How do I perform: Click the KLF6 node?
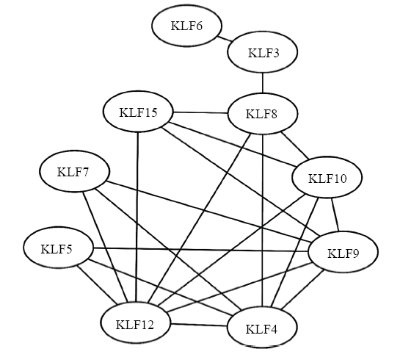pyautogui.click(x=186, y=26)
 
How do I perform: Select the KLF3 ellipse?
pyautogui.click(x=263, y=52)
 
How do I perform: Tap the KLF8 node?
pyautogui.click(x=263, y=113)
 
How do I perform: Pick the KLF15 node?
pyautogui.click(x=138, y=112)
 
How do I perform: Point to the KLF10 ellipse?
pyautogui.click(x=327, y=178)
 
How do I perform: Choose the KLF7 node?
pyautogui.click(x=74, y=171)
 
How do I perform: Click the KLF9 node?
pyautogui.click(x=343, y=252)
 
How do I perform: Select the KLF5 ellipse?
pyautogui.click(x=59, y=248)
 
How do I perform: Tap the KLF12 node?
pyautogui.click(x=135, y=323)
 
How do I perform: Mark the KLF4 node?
pyautogui.click(x=262, y=328)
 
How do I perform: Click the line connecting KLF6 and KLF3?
pyautogui.click(x=225, y=39)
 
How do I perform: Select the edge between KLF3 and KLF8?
pyautogui.click(x=263, y=83)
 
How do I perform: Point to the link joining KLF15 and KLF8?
pyautogui.click(x=200, y=112)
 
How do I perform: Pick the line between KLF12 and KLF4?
pyautogui.click(x=199, y=325)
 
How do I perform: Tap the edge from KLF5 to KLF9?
pyautogui.click(x=201, y=250)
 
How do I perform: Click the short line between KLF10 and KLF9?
pyautogui.click(x=335, y=215)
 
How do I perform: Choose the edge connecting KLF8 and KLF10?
pyautogui.click(x=295, y=145)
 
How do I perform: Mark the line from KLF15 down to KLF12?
pyautogui.click(x=137, y=217)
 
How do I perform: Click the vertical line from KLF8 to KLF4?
pyautogui.click(x=262, y=220)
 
